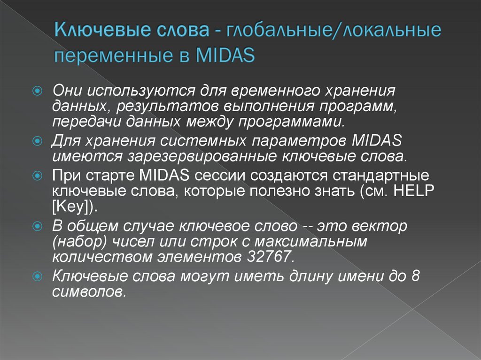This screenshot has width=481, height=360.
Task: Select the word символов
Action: coord(89,291)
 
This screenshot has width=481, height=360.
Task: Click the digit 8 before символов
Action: coord(415,277)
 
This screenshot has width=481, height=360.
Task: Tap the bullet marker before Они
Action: coord(40,89)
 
